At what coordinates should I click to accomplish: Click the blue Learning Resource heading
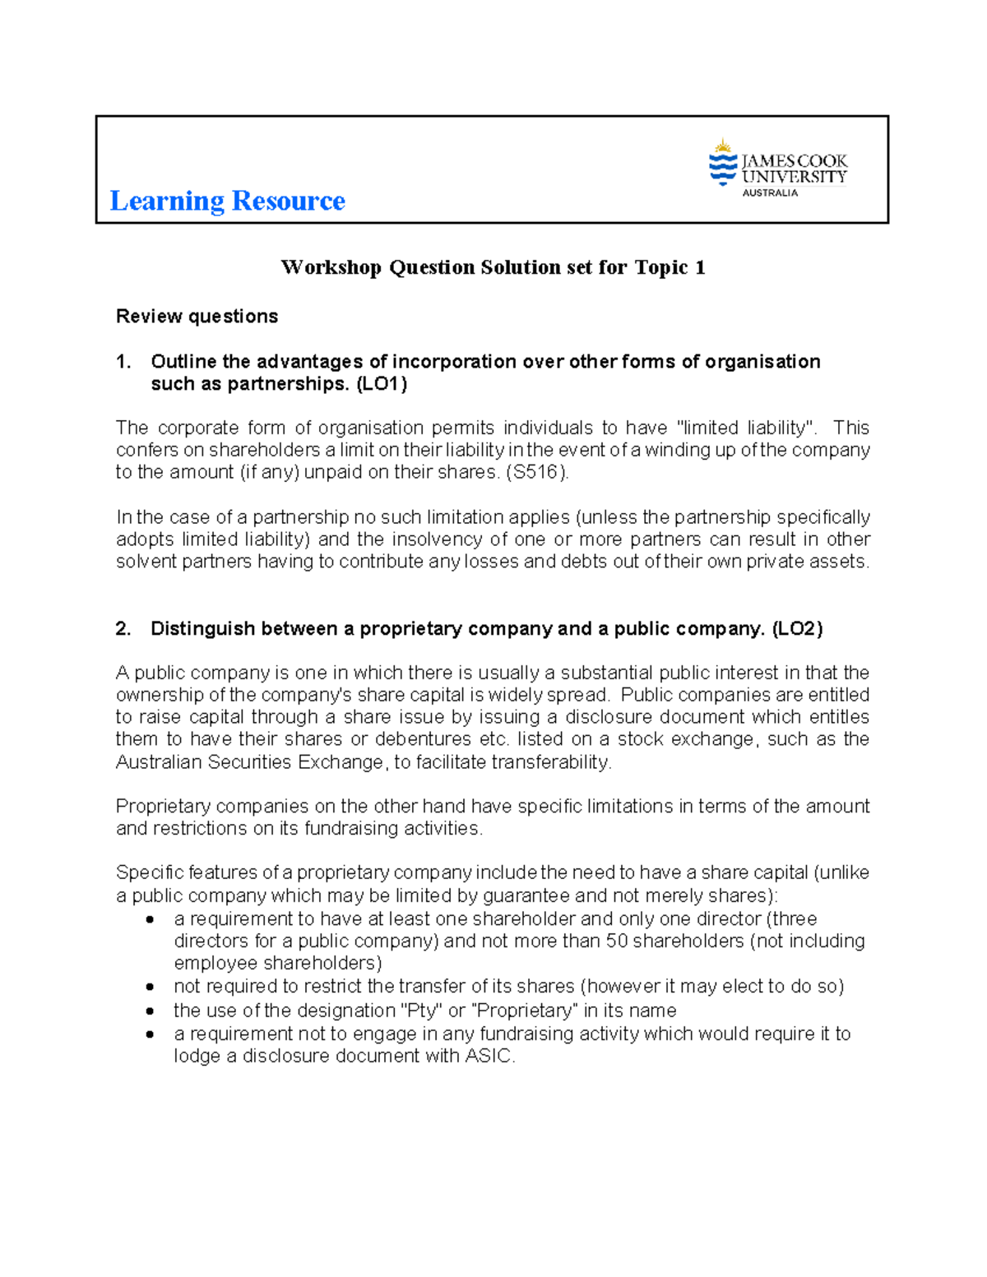[x=227, y=201]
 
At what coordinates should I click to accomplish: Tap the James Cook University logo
[x=777, y=169]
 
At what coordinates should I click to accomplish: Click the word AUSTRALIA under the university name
[x=770, y=193]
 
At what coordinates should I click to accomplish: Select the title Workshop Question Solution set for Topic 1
[x=493, y=267]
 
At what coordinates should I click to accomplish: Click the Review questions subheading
[x=197, y=317]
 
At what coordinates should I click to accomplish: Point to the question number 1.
[x=123, y=362]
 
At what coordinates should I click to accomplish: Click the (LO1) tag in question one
[x=381, y=384]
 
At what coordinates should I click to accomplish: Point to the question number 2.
[x=123, y=629]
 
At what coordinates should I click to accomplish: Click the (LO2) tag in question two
[x=797, y=629]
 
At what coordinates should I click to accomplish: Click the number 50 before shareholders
[x=617, y=941]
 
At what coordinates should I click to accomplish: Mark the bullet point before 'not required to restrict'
[x=150, y=987]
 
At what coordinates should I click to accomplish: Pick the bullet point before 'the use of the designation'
[x=150, y=1011]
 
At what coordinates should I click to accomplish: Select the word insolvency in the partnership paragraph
[x=440, y=539]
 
